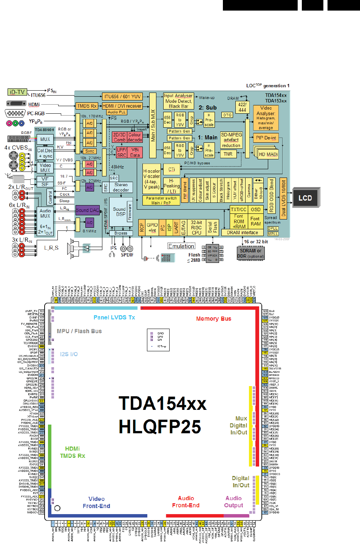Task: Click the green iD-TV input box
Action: point(17,92)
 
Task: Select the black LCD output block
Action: point(305,198)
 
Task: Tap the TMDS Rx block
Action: point(87,106)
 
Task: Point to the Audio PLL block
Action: point(116,112)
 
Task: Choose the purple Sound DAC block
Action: point(87,210)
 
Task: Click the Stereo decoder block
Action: point(121,187)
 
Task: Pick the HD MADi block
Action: point(268,154)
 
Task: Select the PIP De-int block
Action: point(266,138)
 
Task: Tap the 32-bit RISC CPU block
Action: point(196,228)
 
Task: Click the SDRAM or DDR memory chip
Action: point(250,253)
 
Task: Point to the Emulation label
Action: point(181,246)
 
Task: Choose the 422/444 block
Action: point(243,107)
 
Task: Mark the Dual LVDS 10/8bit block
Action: point(283,198)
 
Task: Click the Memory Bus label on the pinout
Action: point(213,319)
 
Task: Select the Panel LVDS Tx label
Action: point(114,317)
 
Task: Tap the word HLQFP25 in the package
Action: point(160,427)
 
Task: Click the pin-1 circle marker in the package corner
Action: point(57,508)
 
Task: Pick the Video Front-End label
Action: point(96,502)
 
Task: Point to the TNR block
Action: point(228,154)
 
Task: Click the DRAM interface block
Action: point(242,233)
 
